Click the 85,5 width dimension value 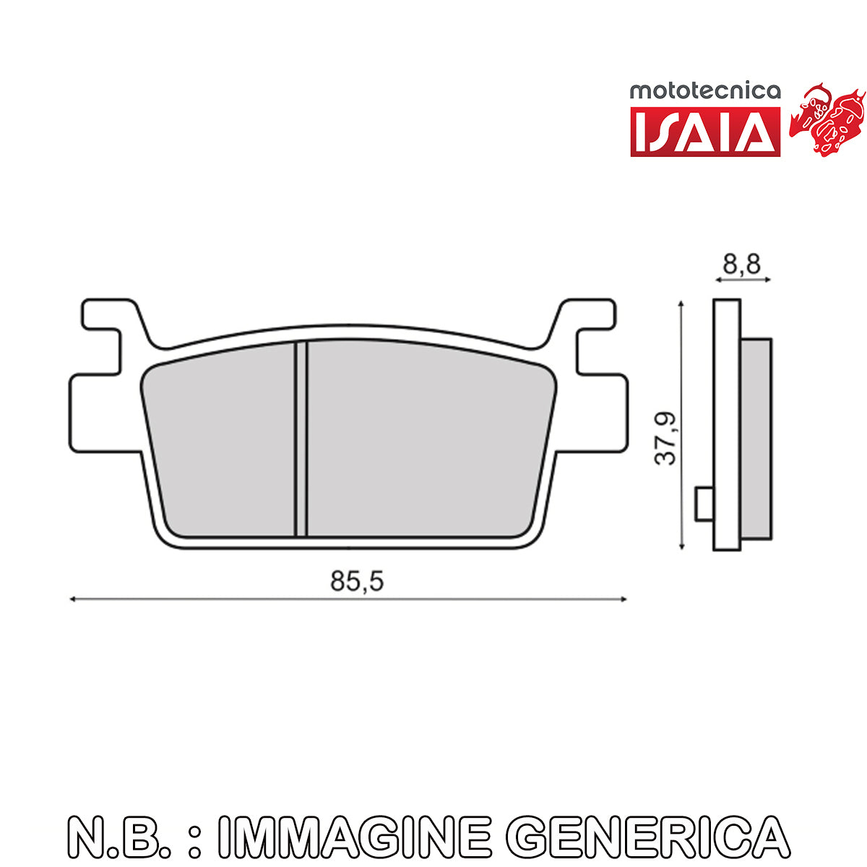[x=357, y=581]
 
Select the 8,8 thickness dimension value [x=741, y=264]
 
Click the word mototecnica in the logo [x=705, y=91]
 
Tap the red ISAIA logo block [x=705, y=131]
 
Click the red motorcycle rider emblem [x=827, y=119]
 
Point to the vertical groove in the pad [x=301, y=439]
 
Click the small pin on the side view [x=704, y=504]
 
